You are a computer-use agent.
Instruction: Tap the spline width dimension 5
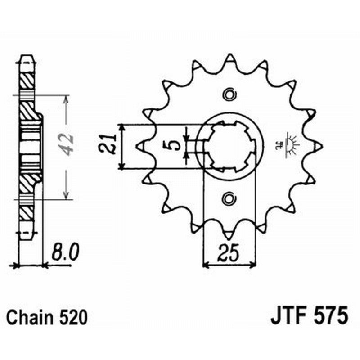[176, 144]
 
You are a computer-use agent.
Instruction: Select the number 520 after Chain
[72, 318]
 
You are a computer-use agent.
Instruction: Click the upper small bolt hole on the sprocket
[229, 94]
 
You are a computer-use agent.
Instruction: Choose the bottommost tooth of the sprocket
[229, 234]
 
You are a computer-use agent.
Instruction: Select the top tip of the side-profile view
[27, 58]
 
